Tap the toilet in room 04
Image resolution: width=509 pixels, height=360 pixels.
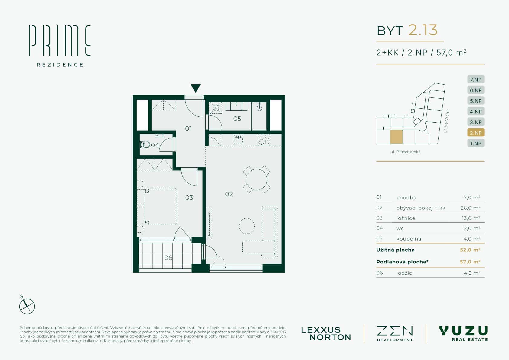click(145, 145)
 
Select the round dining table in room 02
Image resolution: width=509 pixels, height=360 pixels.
click(256, 179)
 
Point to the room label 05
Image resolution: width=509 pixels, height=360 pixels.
click(237, 119)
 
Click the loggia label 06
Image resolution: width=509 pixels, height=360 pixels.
click(168, 258)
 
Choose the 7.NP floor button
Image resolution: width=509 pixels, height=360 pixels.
click(476, 80)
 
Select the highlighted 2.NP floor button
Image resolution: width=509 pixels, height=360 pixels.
click(476, 133)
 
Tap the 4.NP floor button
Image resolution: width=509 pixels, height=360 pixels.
click(476, 112)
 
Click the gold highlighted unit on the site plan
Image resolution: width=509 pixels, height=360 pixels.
click(396, 137)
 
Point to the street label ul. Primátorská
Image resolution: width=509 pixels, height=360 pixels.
click(405, 152)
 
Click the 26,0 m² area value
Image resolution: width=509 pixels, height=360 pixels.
click(470, 208)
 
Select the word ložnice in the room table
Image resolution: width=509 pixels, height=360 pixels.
click(406, 218)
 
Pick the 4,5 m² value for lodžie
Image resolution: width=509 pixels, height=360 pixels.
click(472, 273)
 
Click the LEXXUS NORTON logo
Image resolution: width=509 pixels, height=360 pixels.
click(326, 334)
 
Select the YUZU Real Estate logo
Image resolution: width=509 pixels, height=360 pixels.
click(464, 333)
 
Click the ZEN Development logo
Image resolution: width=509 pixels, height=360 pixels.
click(395, 333)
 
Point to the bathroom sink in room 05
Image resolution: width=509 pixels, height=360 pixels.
click(236, 106)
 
